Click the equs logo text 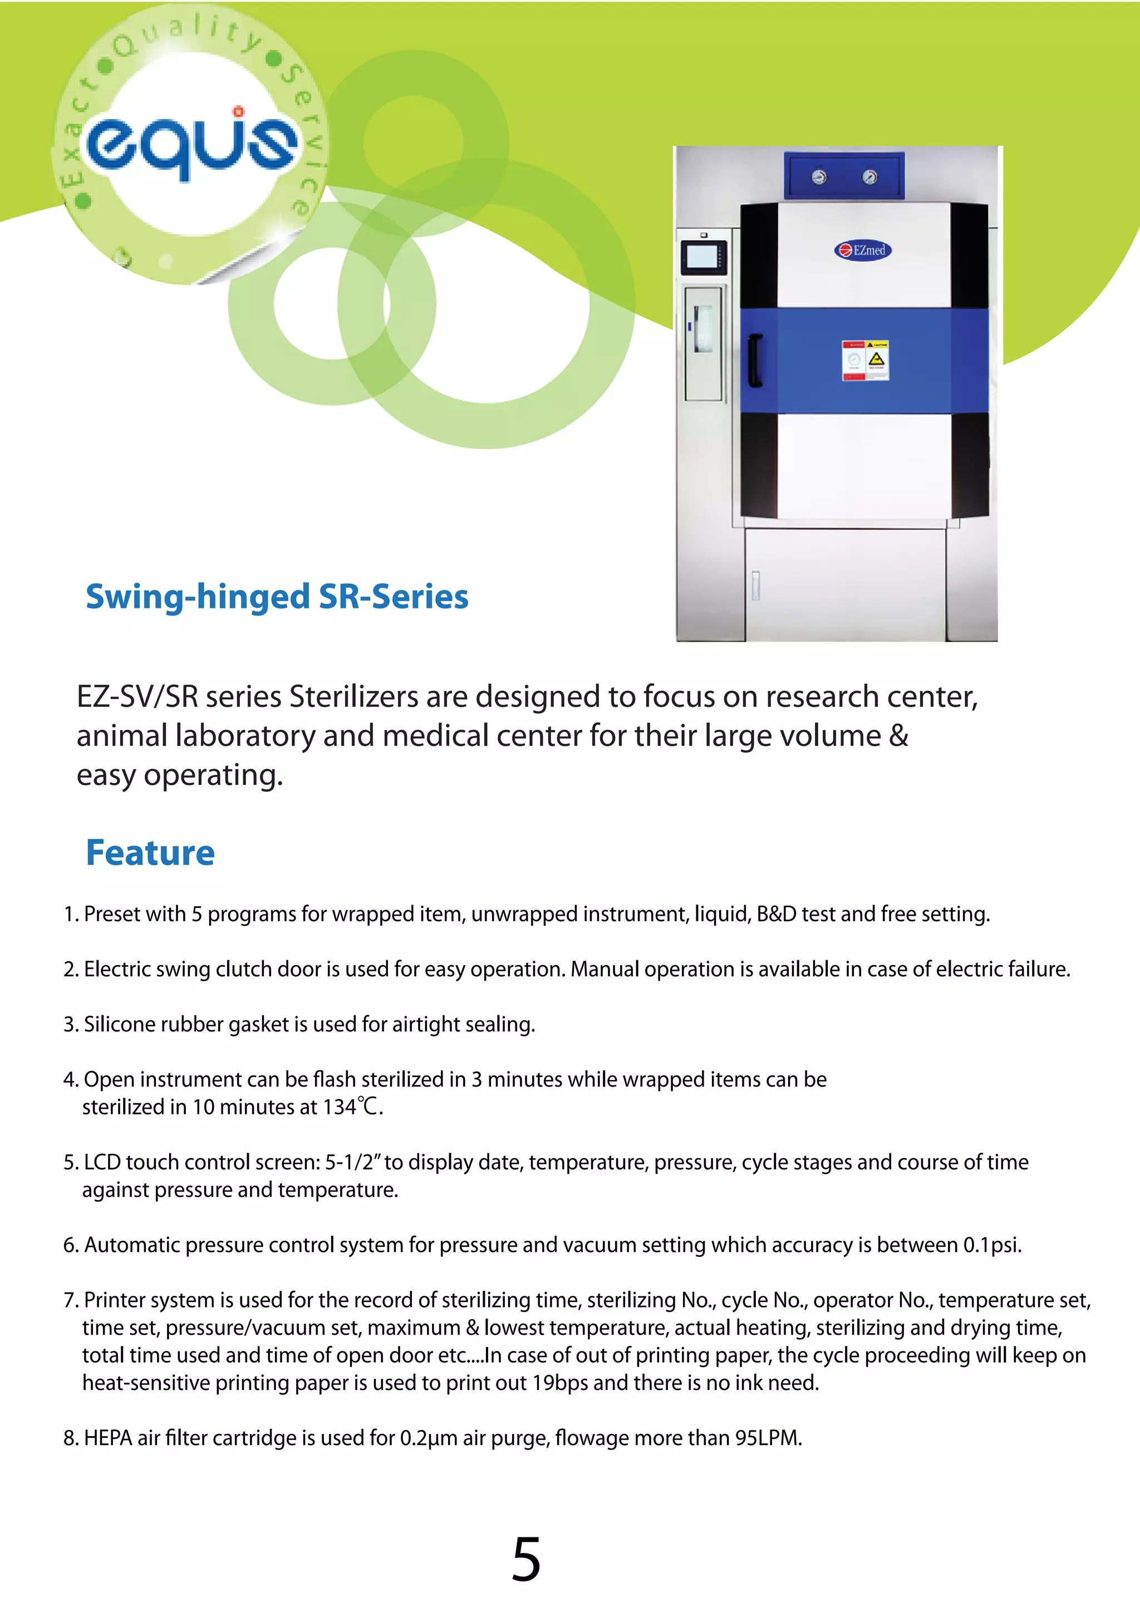point(191,144)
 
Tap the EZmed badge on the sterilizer point(863,250)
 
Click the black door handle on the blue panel point(755,360)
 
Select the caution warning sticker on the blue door point(866,360)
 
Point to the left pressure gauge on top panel point(819,177)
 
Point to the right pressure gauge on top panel point(869,177)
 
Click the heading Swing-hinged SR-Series point(277,597)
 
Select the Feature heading point(150,853)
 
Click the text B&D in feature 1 point(775,914)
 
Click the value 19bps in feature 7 point(559,1383)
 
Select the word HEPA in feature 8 point(108,1438)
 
